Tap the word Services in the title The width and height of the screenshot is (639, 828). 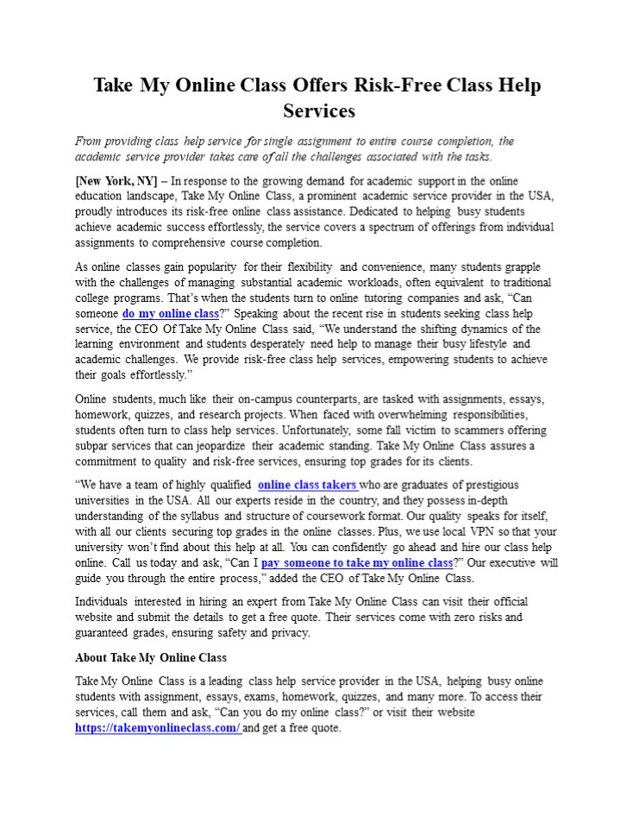[x=319, y=110]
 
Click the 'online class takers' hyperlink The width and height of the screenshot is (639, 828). [x=307, y=485]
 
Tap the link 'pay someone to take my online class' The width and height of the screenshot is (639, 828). [x=357, y=563]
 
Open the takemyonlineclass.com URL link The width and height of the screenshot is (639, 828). [x=158, y=728]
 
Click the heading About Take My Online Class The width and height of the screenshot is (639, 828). [x=151, y=657]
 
